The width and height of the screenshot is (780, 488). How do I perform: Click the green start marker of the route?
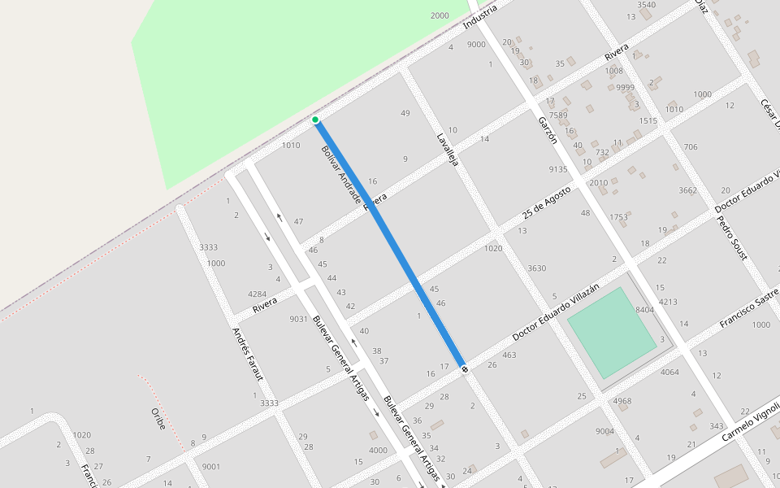click(x=315, y=120)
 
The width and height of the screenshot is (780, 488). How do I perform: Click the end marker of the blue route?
click(x=465, y=370)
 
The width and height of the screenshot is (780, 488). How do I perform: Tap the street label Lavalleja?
click(x=448, y=150)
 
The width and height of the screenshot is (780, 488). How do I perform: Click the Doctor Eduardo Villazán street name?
click(x=556, y=312)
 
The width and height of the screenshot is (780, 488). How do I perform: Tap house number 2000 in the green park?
click(x=440, y=15)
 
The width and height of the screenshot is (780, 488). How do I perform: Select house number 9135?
click(x=558, y=169)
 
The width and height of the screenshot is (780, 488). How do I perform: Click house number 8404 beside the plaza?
click(x=644, y=310)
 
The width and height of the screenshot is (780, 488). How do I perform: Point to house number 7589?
click(x=558, y=115)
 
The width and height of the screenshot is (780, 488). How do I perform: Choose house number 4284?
click(x=258, y=294)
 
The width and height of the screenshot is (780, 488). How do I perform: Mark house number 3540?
click(x=646, y=5)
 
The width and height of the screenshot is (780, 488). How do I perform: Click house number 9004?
click(x=604, y=431)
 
